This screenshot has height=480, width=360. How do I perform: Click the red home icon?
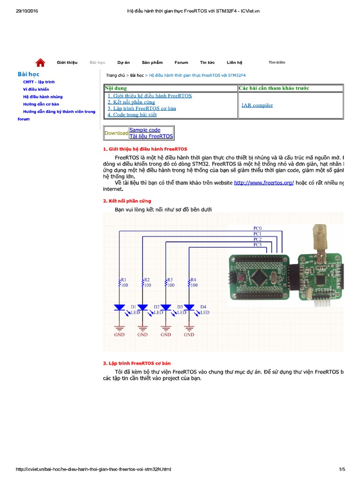point(40,62)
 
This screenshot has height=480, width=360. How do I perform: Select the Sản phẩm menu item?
point(152,62)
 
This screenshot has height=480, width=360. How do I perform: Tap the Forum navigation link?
point(181,62)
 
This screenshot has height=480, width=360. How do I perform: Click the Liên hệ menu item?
point(234,62)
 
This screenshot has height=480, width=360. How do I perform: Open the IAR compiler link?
point(257,105)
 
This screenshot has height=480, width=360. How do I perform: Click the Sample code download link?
point(145,130)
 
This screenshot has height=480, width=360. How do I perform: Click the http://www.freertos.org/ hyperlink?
point(264,183)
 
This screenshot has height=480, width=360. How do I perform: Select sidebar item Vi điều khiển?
point(36,89)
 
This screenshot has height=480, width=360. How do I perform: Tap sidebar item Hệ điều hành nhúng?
point(43,97)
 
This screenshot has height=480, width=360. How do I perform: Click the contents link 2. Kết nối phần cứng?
point(131,102)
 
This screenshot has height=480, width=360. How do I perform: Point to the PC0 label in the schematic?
point(257,228)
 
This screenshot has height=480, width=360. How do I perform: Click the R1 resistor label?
point(124,279)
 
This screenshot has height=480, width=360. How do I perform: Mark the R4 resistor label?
point(194,279)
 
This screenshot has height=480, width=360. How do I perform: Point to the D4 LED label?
point(203,307)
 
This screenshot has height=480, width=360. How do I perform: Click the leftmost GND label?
point(119,335)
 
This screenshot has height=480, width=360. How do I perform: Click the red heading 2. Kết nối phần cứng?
point(127,201)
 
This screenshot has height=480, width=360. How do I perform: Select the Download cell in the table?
point(116,133)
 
